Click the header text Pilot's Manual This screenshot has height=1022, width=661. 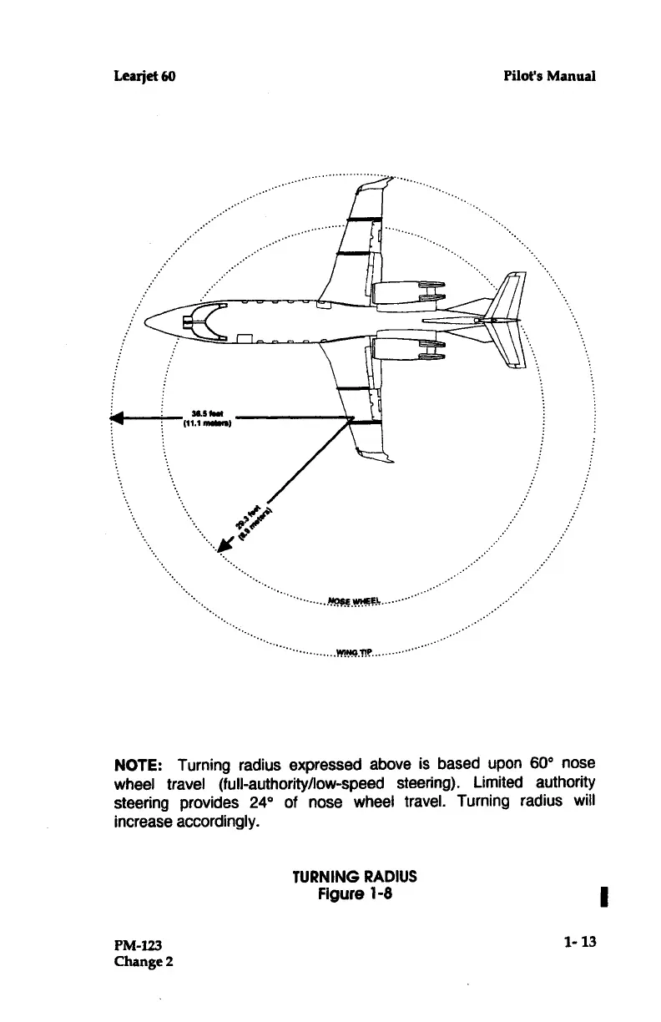[549, 76]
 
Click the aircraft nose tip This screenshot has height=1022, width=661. [146, 321]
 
